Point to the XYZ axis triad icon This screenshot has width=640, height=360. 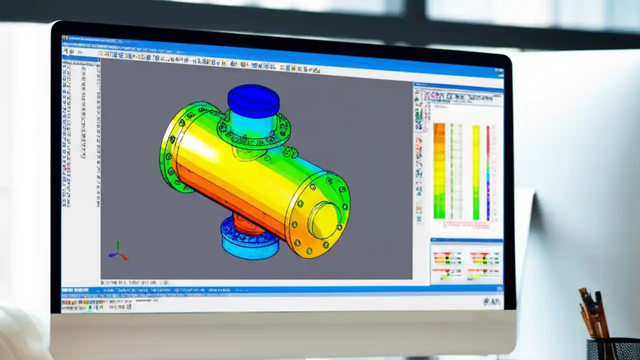coord(118,251)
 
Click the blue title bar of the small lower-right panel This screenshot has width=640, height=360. coord(466,241)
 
